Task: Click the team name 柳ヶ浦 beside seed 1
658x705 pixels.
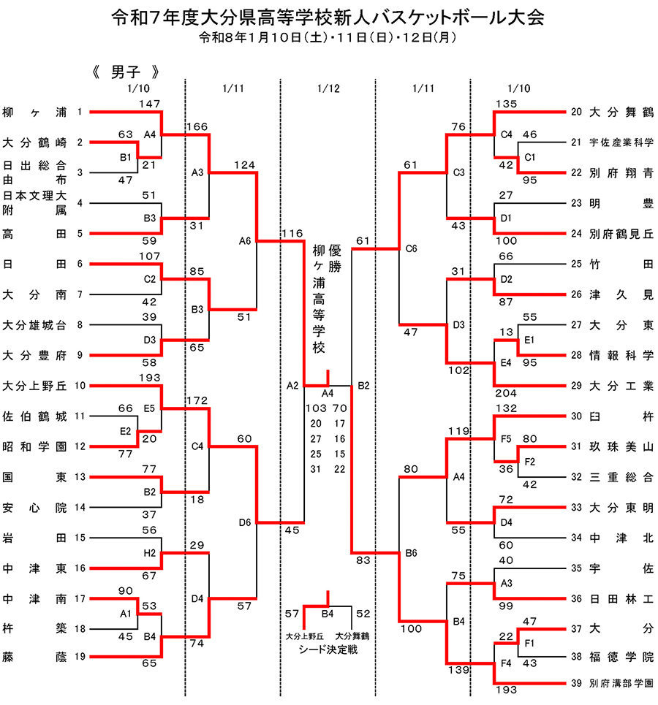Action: tap(34, 113)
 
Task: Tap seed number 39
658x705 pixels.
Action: tap(576, 684)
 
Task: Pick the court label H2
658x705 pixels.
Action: tap(149, 553)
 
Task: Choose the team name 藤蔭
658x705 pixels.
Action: tap(34, 658)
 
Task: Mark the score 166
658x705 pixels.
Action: tap(198, 126)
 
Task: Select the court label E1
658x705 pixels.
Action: tap(529, 340)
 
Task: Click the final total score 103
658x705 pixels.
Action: tap(317, 408)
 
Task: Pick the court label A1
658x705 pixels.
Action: tap(125, 614)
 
